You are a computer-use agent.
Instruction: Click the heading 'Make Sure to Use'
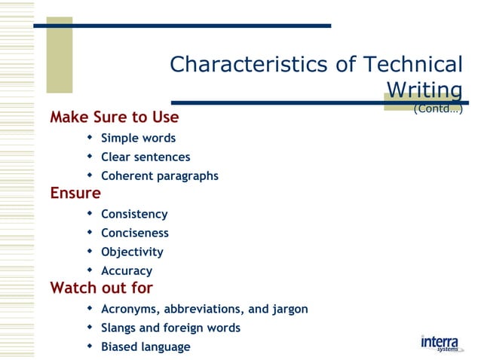click(x=115, y=117)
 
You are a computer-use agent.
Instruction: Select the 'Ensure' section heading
click(x=75, y=193)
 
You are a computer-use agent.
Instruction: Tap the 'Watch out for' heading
click(x=101, y=288)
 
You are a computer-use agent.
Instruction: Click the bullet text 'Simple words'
click(x=138, y=139)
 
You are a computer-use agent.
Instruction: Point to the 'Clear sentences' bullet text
click(x=146, y=157)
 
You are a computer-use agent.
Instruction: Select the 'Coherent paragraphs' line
click(x=160, y=176)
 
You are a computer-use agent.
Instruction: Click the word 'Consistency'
click(x=134, y=215)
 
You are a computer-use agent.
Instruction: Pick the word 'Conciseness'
click(x=135, y=233)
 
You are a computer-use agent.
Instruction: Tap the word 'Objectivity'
click(x=132, y=252)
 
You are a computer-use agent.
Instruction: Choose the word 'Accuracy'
click(x=127, y=271)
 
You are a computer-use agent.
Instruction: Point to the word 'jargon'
click(x=289, y=310)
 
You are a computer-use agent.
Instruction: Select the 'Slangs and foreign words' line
click(x=170, y=328)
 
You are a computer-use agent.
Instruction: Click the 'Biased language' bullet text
click(x=146, y=347)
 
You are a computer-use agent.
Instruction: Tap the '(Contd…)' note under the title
click(x=437, y=109)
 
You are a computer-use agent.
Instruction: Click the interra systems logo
click(x=440, y=343)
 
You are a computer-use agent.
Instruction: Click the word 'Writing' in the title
click(x=424, y=90)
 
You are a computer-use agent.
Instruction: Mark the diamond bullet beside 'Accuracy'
click(x=90, y=270)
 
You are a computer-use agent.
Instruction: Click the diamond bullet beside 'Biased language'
click(x=90, y=346)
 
